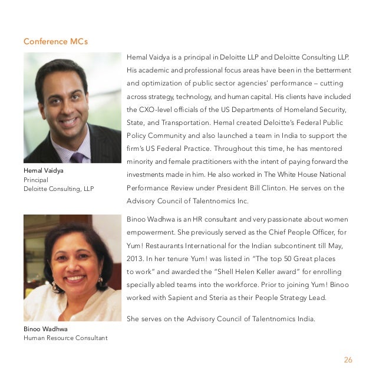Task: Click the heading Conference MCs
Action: (x=55, y=42)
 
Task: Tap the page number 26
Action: (x=347, y=360)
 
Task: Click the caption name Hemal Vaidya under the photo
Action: (x=43, y=171)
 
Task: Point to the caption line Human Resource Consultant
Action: (x=65, y=338)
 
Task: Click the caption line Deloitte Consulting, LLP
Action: (x=58, y=189)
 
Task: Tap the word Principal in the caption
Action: (x=36, y=180)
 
